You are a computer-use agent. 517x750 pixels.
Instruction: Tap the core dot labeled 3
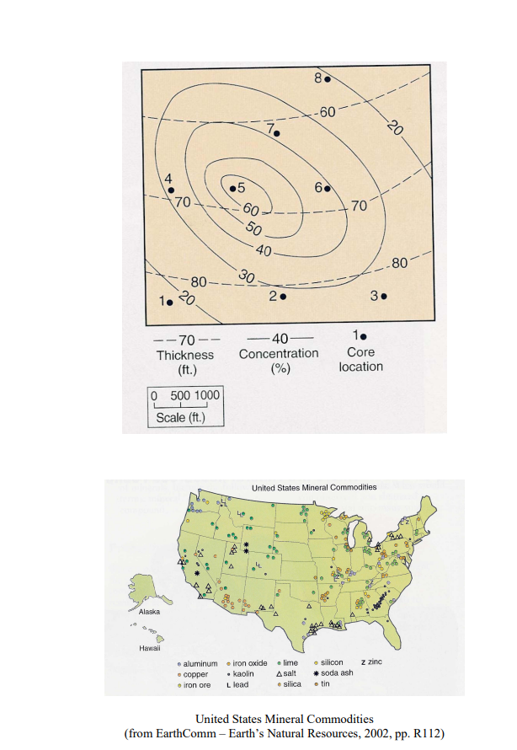(x=384, y=297)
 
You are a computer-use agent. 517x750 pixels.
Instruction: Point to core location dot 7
(x=278, y=133)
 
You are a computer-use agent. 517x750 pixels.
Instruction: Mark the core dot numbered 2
(x=284, y=297)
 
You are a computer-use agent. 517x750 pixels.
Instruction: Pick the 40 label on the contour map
(x=264, y=251)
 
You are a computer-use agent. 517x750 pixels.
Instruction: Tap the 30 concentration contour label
(x=247, y=277)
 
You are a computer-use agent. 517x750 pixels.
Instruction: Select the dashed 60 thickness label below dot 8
(x=328, y=112)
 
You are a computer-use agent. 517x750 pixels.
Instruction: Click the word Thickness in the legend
(x=185, y=355)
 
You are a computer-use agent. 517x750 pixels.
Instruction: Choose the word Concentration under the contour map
(x=279, y=354)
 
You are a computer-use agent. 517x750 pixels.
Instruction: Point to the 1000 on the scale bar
(x=207, y=396)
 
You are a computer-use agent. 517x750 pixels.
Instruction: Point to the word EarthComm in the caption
(x=182, y=731)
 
